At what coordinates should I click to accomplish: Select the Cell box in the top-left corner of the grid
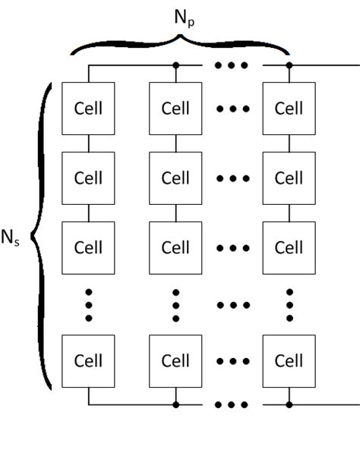tap(88, 108)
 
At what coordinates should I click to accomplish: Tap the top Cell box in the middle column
tap(175, 108)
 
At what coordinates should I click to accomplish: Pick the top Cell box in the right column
tap(289, 108)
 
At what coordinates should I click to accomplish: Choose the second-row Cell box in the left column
tap(88, 178)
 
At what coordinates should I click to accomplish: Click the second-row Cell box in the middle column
tap(175, 178)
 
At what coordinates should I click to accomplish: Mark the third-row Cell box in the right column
tap(289, 247)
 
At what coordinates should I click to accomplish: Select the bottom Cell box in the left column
tap(88, 360)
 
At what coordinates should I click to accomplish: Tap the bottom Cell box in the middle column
tap(175, 360)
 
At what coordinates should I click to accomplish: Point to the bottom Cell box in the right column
tap(289, 360)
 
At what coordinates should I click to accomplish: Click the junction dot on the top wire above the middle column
tap(175, 65)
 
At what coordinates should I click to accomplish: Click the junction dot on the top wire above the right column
tap(289, 65)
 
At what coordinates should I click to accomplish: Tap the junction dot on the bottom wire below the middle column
tap(175, 404)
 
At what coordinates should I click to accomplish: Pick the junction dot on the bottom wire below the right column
tap(289, 404)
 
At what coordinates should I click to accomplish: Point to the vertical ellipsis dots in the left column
tap(88, 304)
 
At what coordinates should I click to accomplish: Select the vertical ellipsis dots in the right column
tap(289, 304)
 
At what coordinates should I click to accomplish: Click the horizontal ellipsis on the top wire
tap(232, 65)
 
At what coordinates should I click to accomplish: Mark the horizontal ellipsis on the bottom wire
tap(232, 404)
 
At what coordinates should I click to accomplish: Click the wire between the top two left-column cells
tap(88, 143)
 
